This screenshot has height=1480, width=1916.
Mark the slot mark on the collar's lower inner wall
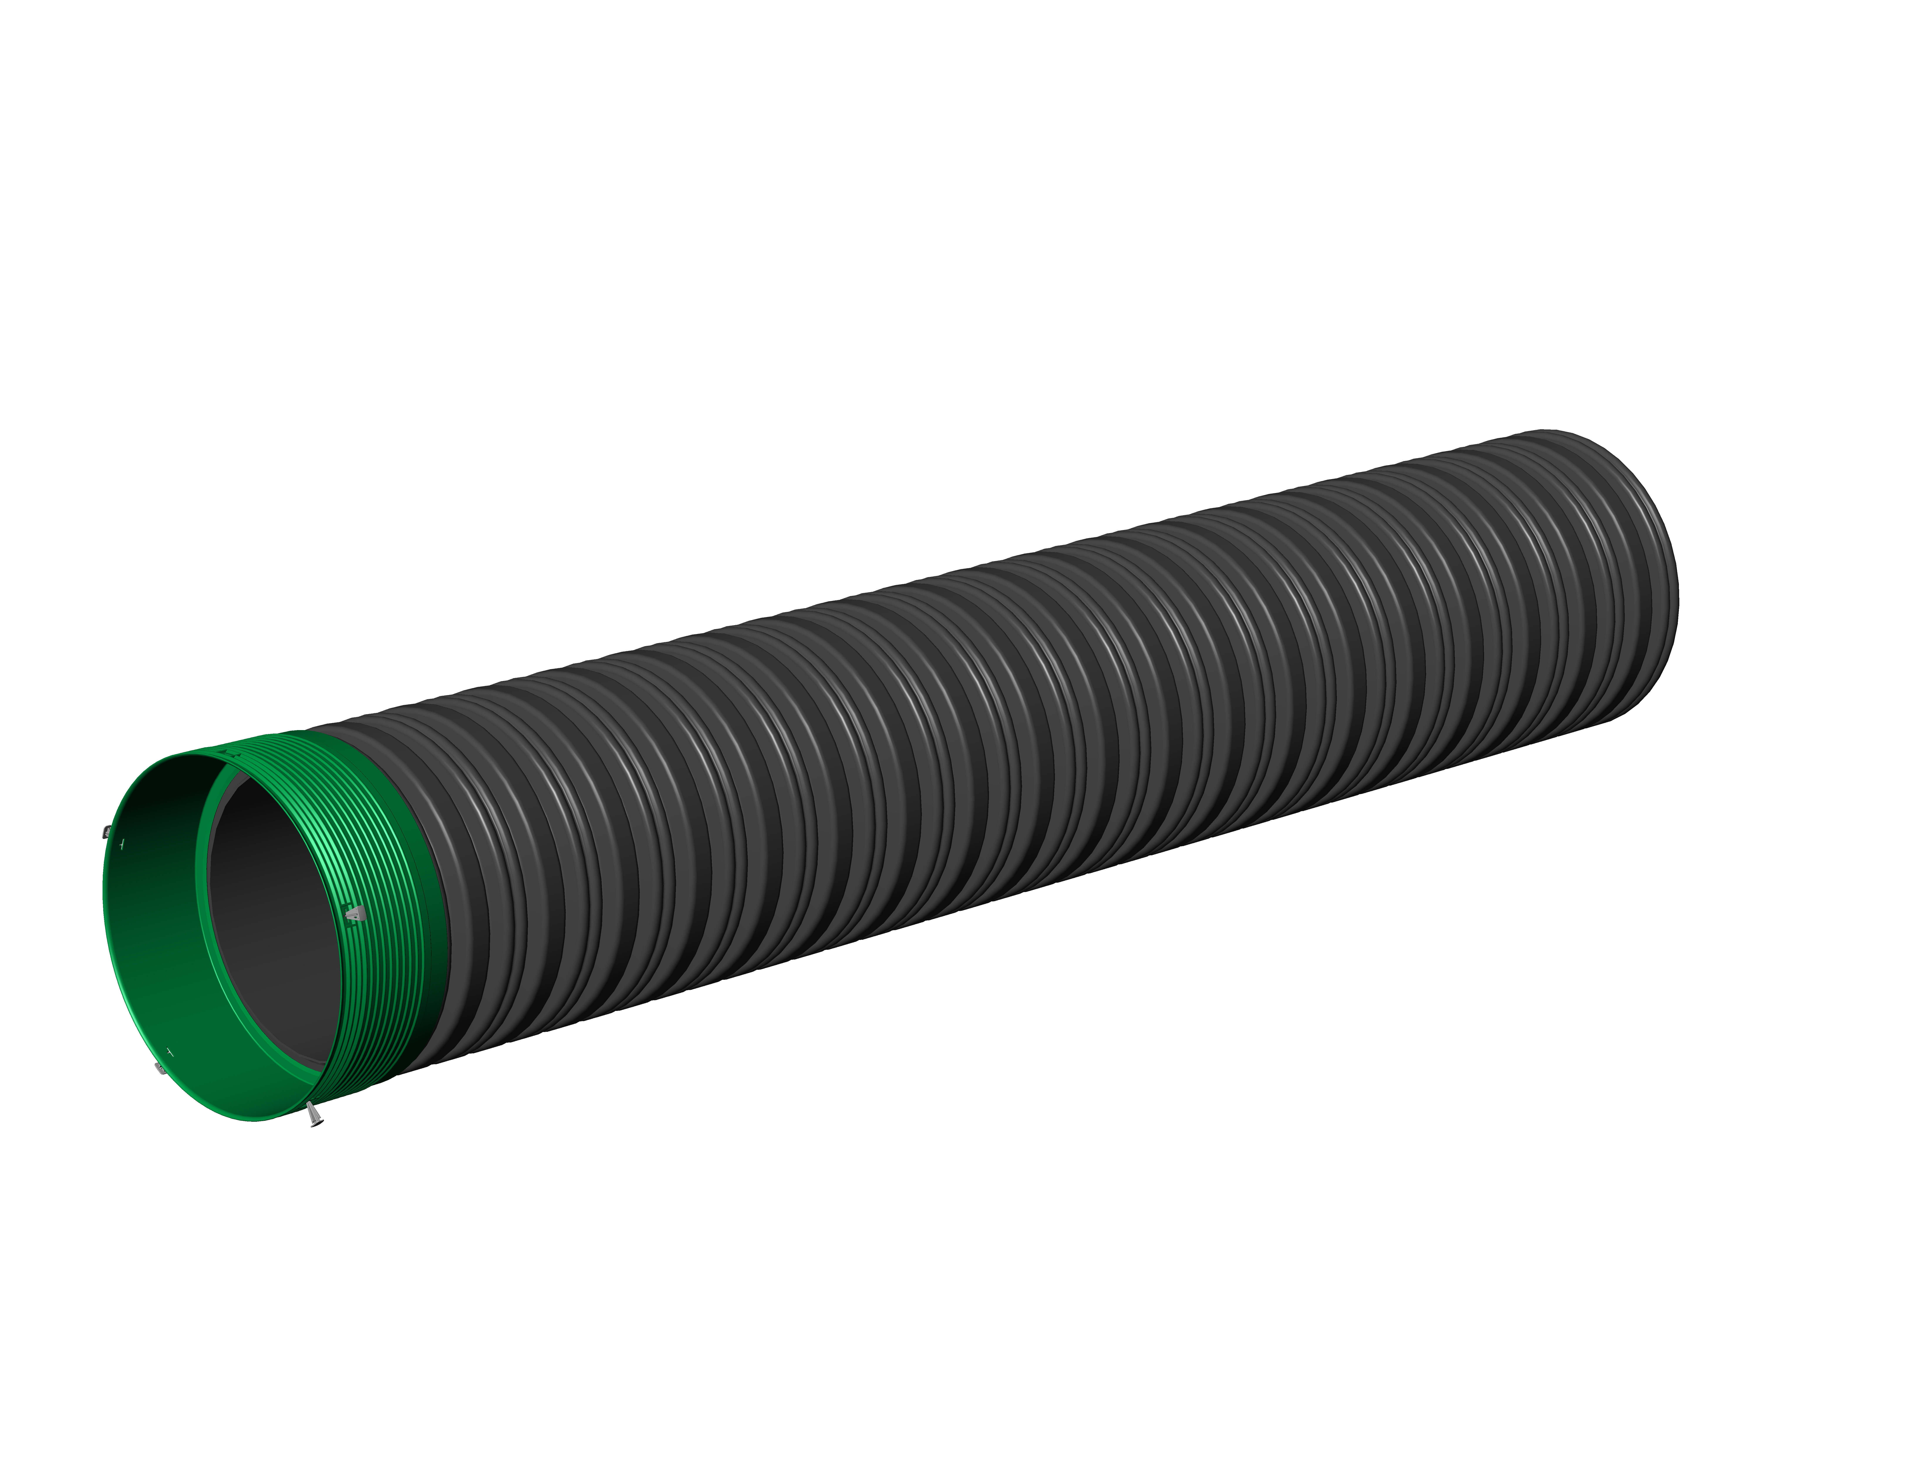tap(170, 1050)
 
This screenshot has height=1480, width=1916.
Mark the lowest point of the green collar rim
tap(254, 1120)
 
